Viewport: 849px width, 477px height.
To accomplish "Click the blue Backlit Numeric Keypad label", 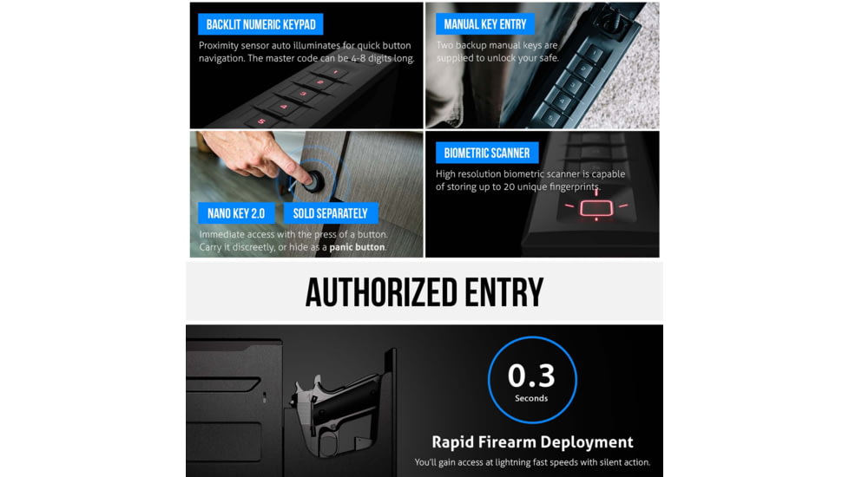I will coord(260,24).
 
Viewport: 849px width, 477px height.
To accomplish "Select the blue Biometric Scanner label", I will coord(487,154).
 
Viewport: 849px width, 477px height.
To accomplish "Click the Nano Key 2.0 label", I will coord(236,213).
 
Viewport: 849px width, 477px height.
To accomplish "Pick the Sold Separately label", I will coord(330,213).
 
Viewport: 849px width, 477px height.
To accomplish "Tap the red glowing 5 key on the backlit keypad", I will coord(260,121).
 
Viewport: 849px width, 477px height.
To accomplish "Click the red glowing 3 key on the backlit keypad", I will coord(302,94).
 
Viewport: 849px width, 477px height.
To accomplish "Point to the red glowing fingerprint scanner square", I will coord(596,208).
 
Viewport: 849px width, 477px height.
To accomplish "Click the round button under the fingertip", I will coord(313,181).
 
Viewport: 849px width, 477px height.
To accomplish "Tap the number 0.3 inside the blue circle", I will coord(531,376).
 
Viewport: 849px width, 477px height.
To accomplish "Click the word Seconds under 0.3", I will coord(531,398).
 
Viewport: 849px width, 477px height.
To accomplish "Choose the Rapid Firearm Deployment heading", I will coord(532,442).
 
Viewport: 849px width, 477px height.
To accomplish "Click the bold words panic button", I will coord(357,247).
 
